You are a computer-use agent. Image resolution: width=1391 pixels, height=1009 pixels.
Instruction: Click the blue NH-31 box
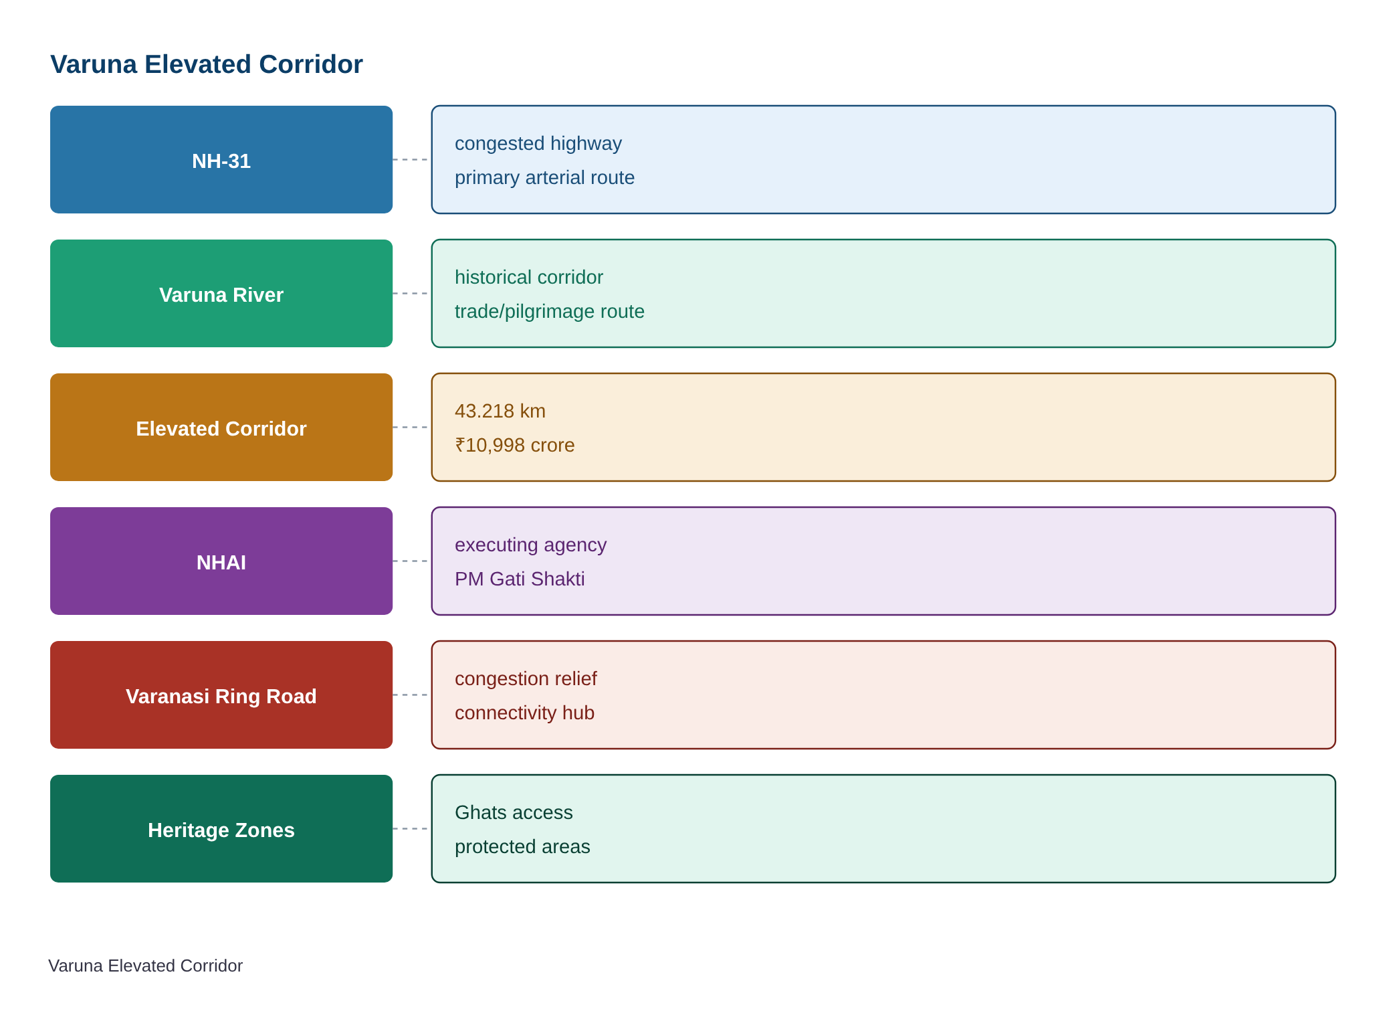pos(221,160)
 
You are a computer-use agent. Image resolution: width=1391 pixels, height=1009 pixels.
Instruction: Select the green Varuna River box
pos(221,294)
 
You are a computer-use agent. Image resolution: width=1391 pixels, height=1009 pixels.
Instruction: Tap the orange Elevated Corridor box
pos(221,428)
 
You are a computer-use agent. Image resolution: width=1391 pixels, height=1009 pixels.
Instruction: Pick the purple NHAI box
pos(221,561)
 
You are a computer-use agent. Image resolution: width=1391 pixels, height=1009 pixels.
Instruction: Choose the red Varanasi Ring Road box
pos(221,695)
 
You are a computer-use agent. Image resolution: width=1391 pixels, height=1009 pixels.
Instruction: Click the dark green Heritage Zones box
pos(221,829)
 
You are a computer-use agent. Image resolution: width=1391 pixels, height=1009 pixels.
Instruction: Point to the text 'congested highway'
pos(538,144)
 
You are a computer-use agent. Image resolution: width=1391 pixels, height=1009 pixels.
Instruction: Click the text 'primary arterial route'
pos(544,177)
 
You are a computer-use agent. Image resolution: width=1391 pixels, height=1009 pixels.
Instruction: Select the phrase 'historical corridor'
pos(529,277)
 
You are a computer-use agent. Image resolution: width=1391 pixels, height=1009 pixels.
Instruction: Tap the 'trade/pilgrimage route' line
pos(550,311)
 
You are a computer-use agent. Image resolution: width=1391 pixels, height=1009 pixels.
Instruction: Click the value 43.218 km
pos(500,411)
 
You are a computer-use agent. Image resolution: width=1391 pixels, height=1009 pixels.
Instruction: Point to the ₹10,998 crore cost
pos(515,445)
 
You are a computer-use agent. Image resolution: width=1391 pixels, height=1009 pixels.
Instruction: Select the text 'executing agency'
pos(531,545)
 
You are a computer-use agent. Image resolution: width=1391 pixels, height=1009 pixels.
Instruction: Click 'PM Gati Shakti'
pos(520,579)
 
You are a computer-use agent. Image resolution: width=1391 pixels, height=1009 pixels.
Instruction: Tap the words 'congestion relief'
pos(526,679)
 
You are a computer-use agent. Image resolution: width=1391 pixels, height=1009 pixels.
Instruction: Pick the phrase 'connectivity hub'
pos(524,713)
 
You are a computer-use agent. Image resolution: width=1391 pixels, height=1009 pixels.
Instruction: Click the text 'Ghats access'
pos(514,812)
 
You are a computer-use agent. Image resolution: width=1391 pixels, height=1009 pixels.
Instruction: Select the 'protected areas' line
pos(522,846)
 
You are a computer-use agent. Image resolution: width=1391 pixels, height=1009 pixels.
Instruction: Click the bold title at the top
pos(207,64)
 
